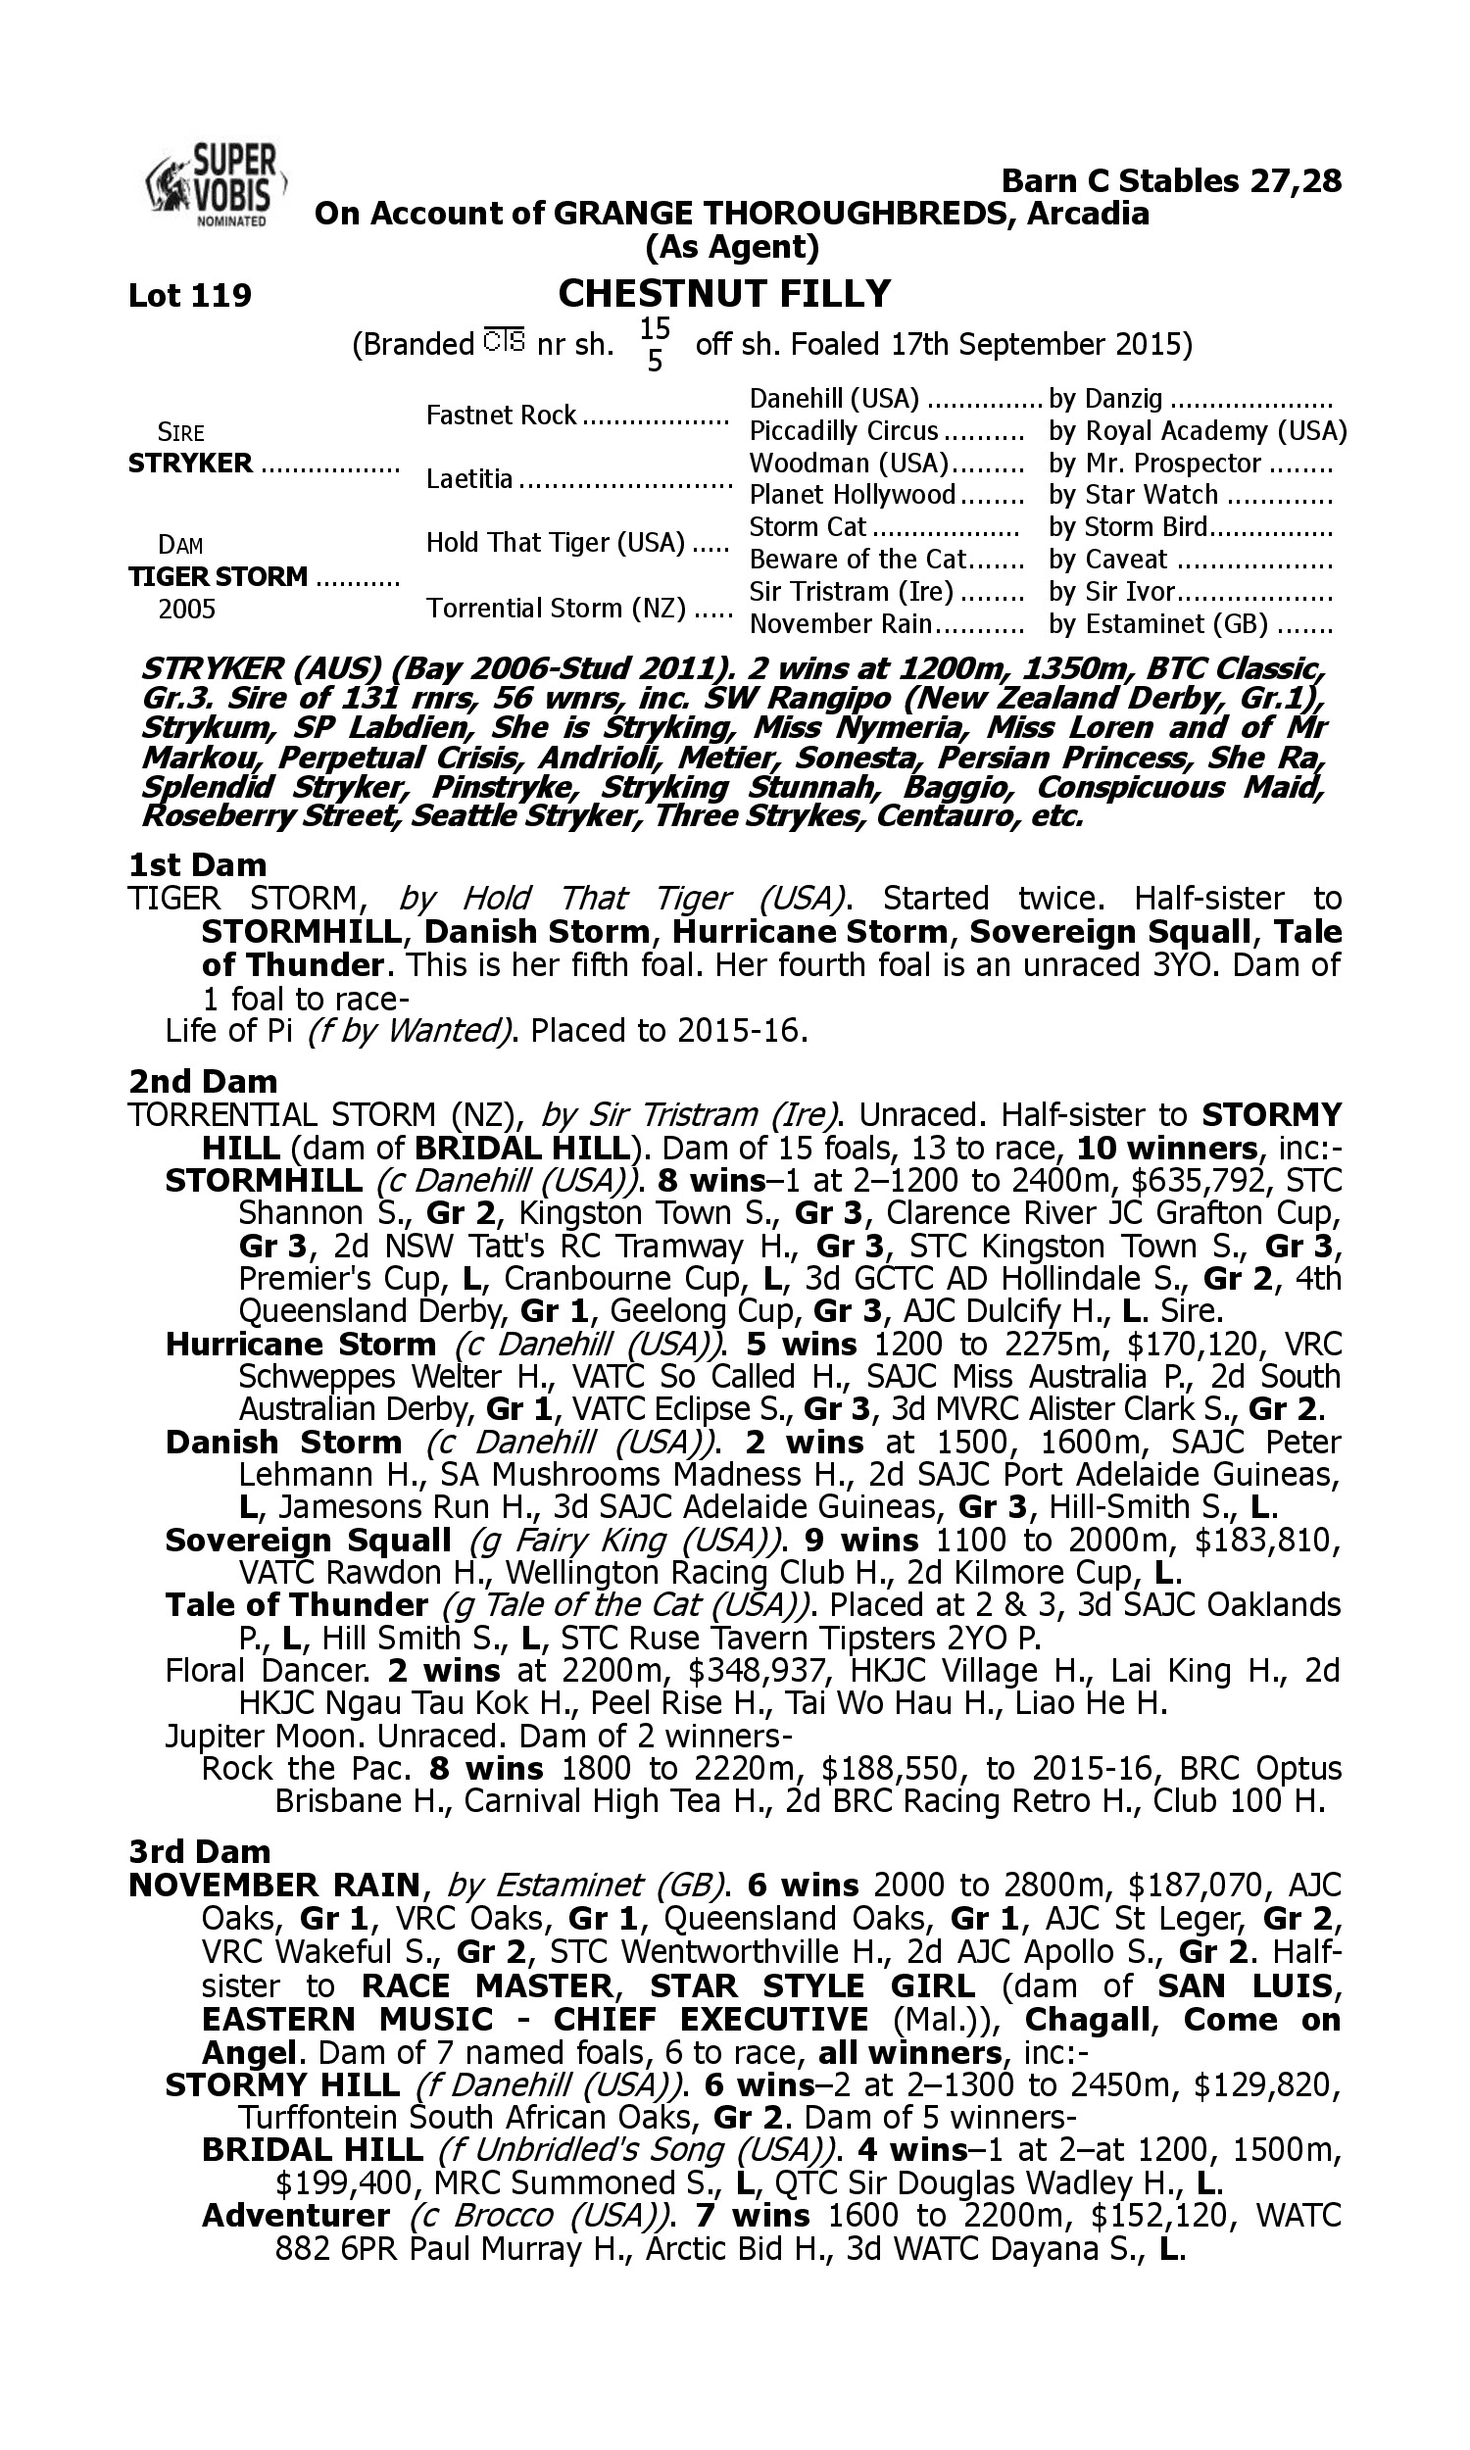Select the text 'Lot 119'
[190, 295]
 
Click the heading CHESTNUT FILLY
[724, 294]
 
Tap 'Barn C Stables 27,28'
[1171, 181]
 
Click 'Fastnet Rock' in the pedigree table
[501, 415]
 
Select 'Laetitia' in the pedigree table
[469, 479]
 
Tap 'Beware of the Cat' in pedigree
[857, 560]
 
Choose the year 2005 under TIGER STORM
[187, 608]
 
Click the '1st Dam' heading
[197, 864]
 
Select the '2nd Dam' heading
[203, 1080]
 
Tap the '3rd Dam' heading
[200, 1851]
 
